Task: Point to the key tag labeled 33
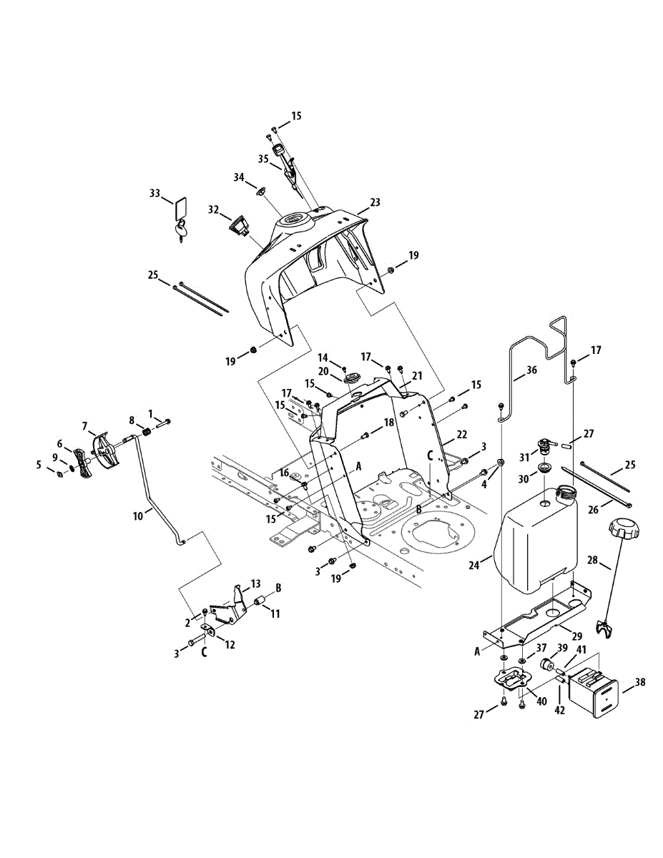[180, 209]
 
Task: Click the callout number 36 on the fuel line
[530, 371]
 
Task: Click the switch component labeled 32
[238, 226]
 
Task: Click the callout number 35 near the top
[262, 159]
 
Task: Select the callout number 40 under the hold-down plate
[541, 702]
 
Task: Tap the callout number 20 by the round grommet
[323, 371]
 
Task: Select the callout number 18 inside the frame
[388, 423]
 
